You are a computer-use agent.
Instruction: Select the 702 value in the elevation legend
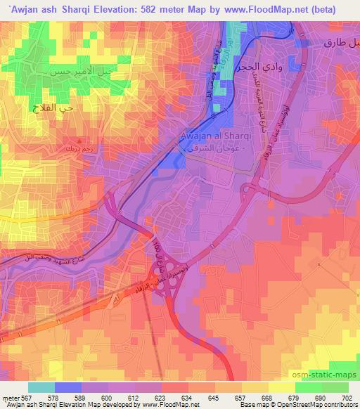[346, 398]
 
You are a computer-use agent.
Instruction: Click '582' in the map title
[161, 9]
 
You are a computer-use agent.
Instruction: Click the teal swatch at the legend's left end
[41, 387]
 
